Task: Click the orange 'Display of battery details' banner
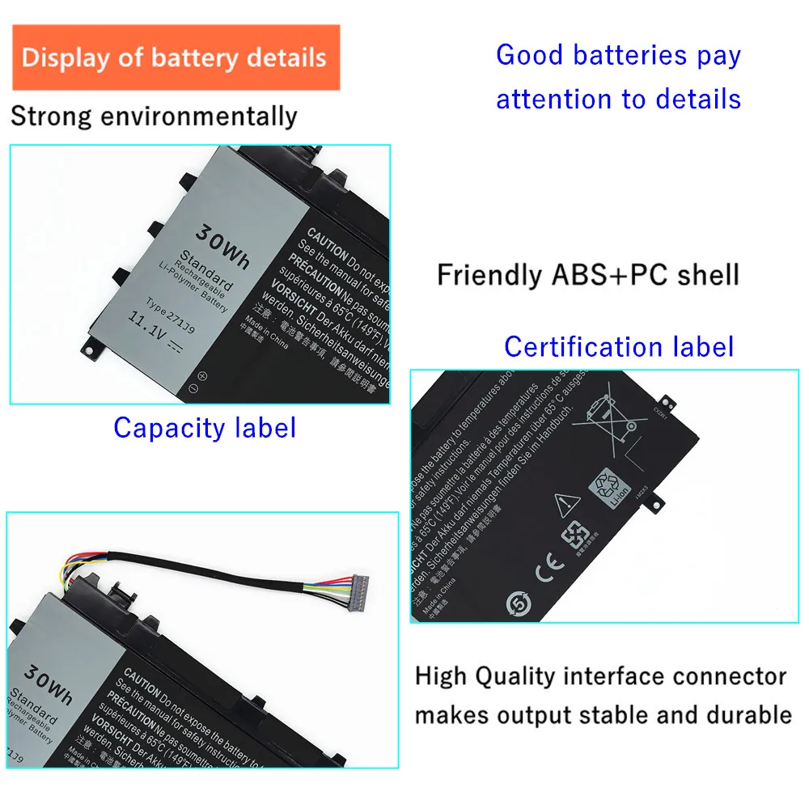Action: [x=175, y=57]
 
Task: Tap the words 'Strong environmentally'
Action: [x=154, y=116]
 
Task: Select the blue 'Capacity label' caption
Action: [x=205, y=427]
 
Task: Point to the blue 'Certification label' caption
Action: [x=619, y=346]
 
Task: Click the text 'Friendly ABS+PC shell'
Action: [x=588, y=275]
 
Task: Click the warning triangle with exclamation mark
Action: [x=565, y=506]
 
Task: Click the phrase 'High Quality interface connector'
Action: [x=600, y=676]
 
